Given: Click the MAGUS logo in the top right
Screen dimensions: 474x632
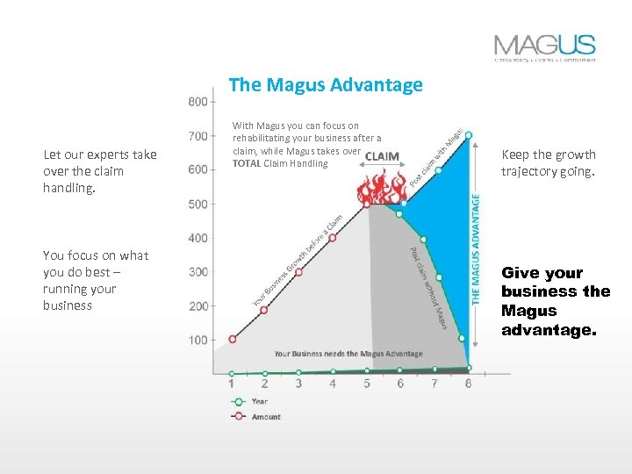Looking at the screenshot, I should [x=544, y=47].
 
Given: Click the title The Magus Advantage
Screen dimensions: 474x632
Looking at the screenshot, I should [x=326, y=85].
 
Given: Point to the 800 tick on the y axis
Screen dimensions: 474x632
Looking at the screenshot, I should [x=199, y=102].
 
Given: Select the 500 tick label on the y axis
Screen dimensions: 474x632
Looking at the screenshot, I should [x=199, y=205].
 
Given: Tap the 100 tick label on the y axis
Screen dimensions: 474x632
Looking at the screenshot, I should [x=199, y=340].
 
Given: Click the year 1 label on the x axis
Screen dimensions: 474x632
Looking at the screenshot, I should [x=231, y=384].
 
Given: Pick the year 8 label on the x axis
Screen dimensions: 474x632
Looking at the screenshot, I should [x=468, y=384].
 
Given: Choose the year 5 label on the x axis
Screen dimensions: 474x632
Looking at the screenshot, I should [x=367, y=384].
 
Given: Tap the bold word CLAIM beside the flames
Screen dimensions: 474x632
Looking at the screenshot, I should [x=382, y=157].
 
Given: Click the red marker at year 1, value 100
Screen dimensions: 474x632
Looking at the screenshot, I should [x=232, y=339].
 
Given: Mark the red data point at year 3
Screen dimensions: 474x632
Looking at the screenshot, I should [x=298, y=272].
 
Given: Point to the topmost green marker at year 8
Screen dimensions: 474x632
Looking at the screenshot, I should [x=469, y=135].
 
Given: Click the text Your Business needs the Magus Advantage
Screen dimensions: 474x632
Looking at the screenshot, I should [x=348, y=354].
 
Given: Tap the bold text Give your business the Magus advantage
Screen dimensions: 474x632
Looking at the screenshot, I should [x=555, y=302].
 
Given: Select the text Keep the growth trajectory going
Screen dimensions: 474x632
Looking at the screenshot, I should [x=548, y=162].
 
